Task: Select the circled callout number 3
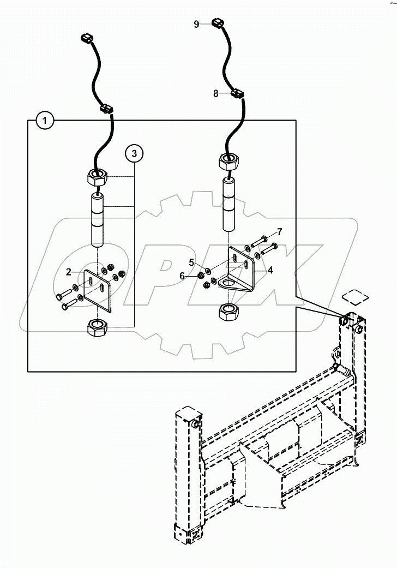point(134,154)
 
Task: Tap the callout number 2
point(69,271)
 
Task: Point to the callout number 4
point(270,269)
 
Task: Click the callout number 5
point(191,262)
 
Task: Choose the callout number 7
point(279,231)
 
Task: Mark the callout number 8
point(216,93)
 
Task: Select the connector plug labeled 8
point(238,93)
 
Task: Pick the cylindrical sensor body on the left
point(98,218)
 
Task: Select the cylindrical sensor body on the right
point(229,204)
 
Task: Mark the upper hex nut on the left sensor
point(97,177)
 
